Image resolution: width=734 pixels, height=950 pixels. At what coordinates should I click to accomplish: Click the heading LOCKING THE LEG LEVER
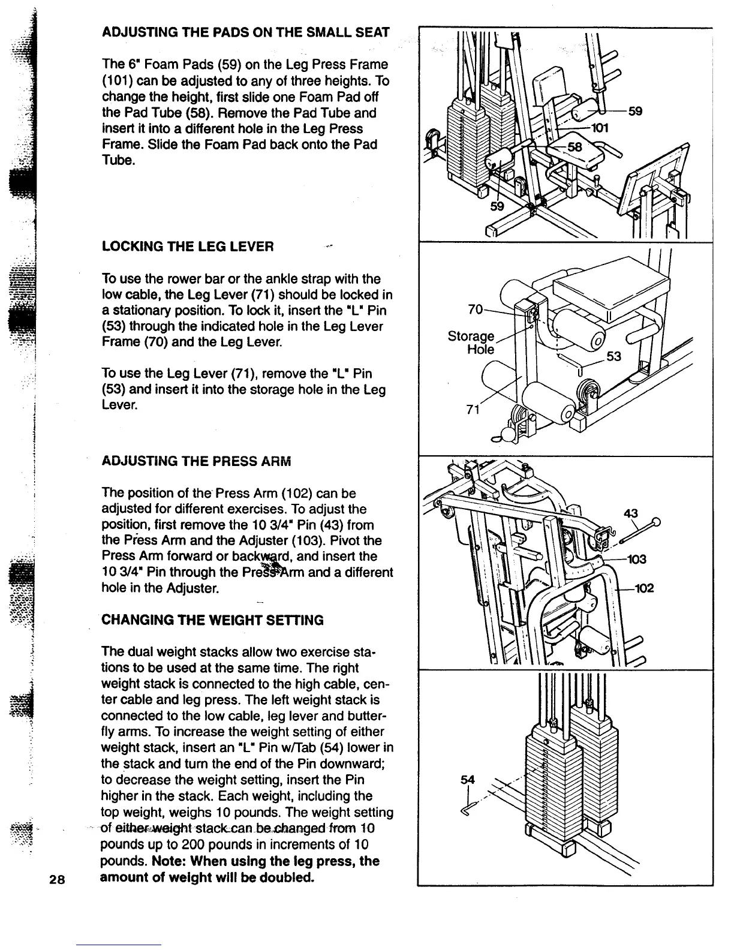click(188, 246)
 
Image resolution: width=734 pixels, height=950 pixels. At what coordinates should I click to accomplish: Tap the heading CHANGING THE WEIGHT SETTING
click(213, 620)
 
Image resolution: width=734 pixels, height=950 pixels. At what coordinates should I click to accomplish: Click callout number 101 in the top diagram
click(600, 128)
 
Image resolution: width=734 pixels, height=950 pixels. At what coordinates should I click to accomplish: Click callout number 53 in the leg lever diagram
click(615, 357)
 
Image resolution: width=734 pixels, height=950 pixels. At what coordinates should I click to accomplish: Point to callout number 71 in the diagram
click(473, 410)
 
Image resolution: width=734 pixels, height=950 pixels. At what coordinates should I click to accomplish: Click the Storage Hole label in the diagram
click(471, 342)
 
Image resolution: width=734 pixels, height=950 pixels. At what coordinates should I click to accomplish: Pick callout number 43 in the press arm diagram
click(630, 513)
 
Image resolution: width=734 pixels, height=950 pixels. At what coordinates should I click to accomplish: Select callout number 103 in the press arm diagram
click(636, 559)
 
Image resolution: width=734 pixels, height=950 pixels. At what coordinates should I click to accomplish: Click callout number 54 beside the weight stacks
click(467, 780)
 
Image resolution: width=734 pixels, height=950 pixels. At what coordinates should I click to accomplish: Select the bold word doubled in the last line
click(284, 878)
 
